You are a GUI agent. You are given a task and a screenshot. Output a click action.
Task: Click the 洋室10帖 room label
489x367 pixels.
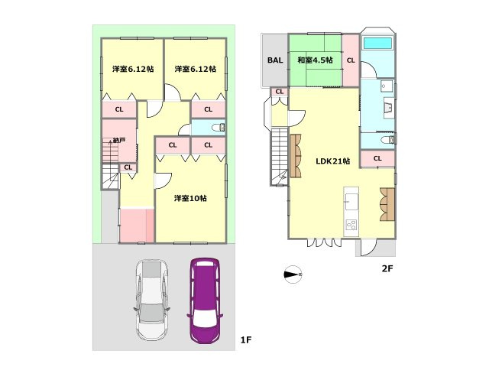tap(189, 198)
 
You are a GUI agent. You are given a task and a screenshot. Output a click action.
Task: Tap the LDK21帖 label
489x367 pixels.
tap(333, 161)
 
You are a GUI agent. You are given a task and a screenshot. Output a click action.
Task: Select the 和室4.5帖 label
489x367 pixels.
tap(315, 60)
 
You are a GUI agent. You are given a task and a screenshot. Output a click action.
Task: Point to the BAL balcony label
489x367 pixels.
tap(274, 60)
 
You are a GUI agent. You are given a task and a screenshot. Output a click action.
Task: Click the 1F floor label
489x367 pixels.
tap(245, 339)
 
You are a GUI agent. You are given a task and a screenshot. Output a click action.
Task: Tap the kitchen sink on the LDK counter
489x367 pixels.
tap(352, 201)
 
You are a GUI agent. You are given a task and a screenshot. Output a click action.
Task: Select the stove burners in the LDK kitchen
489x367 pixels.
tap(352, 225)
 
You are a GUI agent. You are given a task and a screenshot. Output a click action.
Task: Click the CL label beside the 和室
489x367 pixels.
tap(351, 60)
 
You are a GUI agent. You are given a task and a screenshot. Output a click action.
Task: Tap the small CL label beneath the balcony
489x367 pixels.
tap(279, 93)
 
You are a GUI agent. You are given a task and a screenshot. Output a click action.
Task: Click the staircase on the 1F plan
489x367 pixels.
tap(109, 176)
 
